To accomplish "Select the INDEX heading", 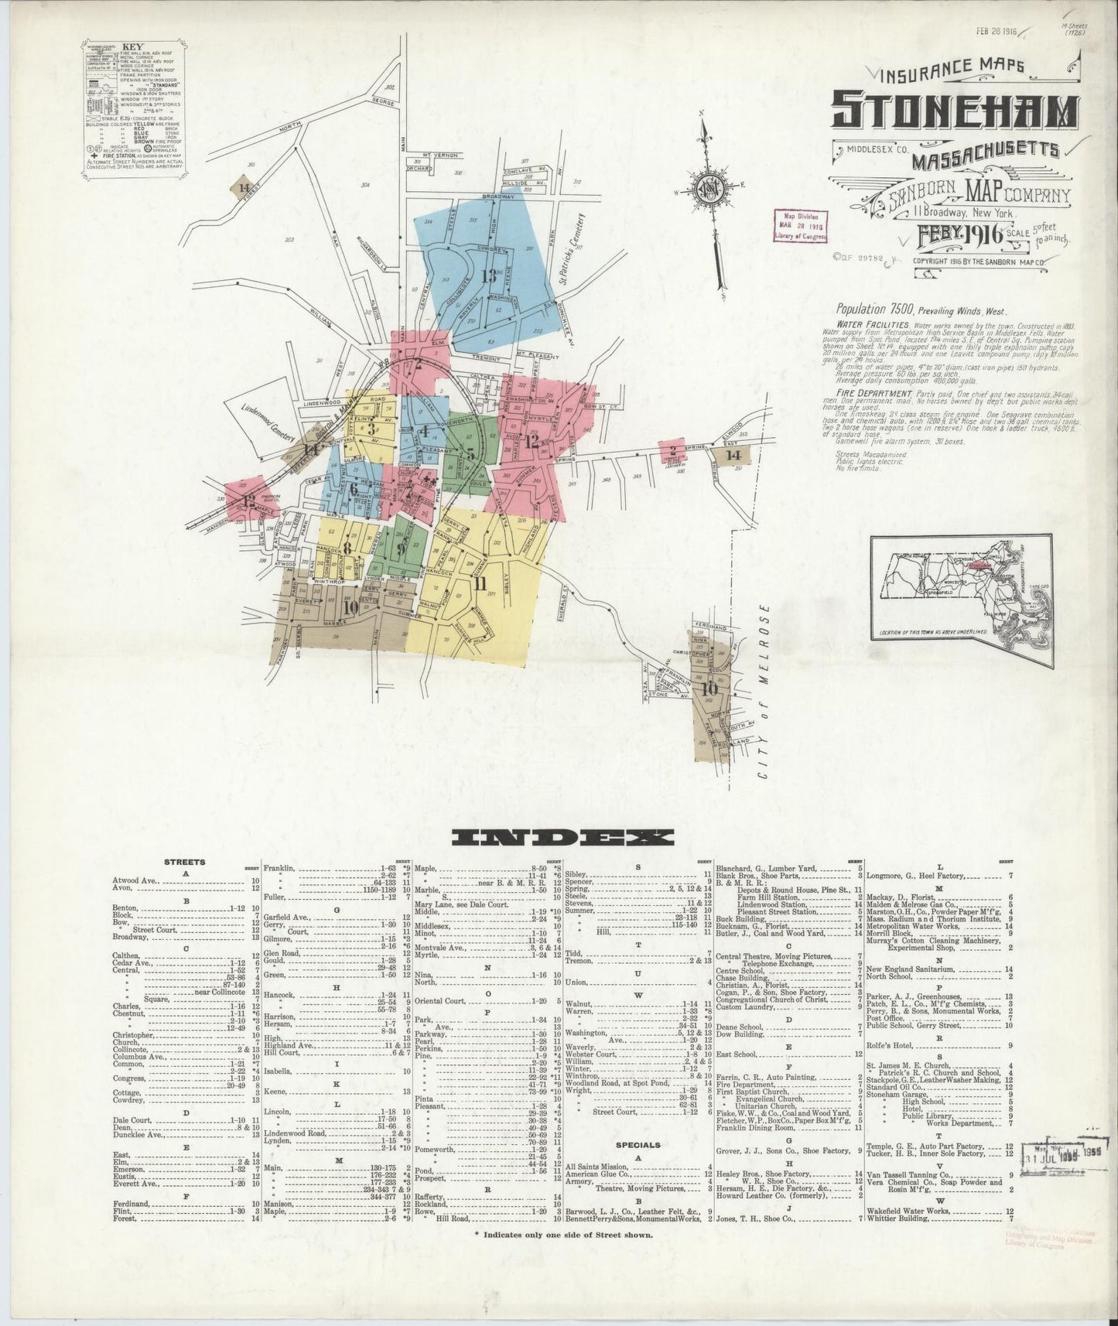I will pyautogui.click(x=562, y=837).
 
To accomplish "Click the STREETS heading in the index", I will pyautogui.click(x=185, y=861).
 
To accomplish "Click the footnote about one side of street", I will pyautogui.click(x=563, y=1256).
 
